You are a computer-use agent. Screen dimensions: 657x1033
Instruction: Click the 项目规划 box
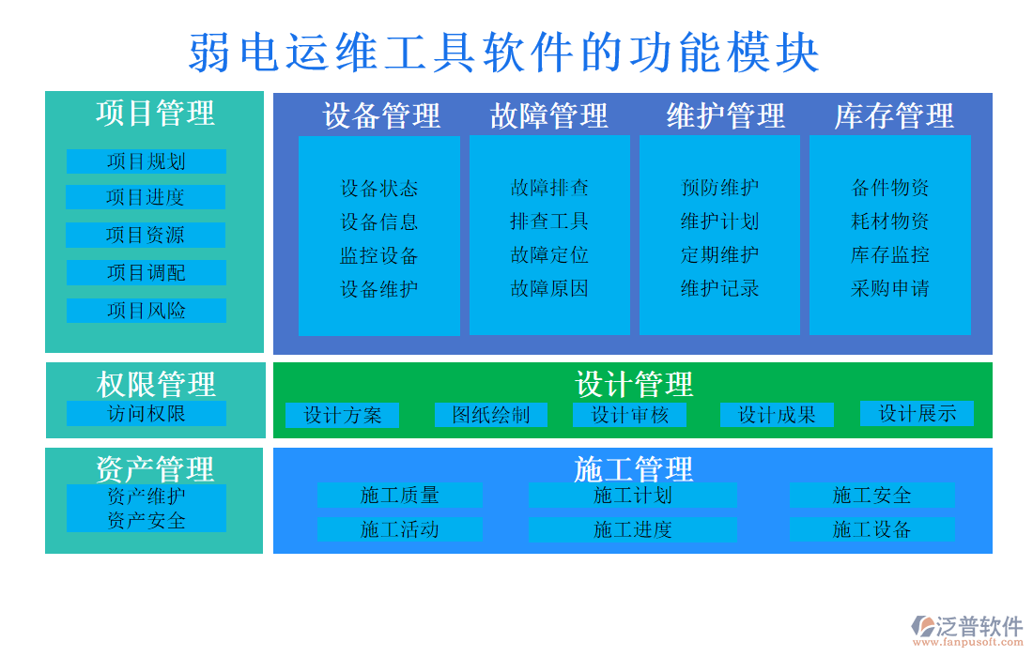point(146,161)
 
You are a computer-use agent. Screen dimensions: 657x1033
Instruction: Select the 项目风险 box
point(146,311)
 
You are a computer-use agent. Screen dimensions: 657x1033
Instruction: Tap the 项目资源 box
point(146,235)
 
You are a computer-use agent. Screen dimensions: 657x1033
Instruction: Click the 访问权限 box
point(146,414)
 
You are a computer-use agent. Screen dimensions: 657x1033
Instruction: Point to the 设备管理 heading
point(380,115)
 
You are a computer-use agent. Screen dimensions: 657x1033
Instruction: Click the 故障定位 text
point(549,255)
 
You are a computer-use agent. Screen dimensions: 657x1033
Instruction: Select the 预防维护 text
point(719,188)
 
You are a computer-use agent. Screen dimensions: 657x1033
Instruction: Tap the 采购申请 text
point(890,289)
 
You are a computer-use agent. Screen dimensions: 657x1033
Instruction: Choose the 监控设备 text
point(378,256)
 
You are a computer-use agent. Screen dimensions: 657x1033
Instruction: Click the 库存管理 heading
point(894,115)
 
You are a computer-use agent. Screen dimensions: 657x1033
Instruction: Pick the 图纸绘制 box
point(490,415)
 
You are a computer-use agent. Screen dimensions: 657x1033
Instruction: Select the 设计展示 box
point(917,413)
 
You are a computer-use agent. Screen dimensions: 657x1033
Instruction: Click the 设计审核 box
point(629,415)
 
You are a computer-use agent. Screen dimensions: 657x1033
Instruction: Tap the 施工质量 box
point(399,496)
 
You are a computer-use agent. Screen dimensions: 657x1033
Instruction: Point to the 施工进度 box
point(632,530)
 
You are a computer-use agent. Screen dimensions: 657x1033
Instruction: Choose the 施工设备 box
point(871,530)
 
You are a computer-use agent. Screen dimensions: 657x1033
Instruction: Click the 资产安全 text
point(146,520)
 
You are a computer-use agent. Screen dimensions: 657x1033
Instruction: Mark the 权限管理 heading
point(156,384)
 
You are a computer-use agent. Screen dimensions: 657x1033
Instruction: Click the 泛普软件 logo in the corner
point(967,629)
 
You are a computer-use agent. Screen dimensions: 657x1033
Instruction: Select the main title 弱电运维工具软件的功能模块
point(504,53)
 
